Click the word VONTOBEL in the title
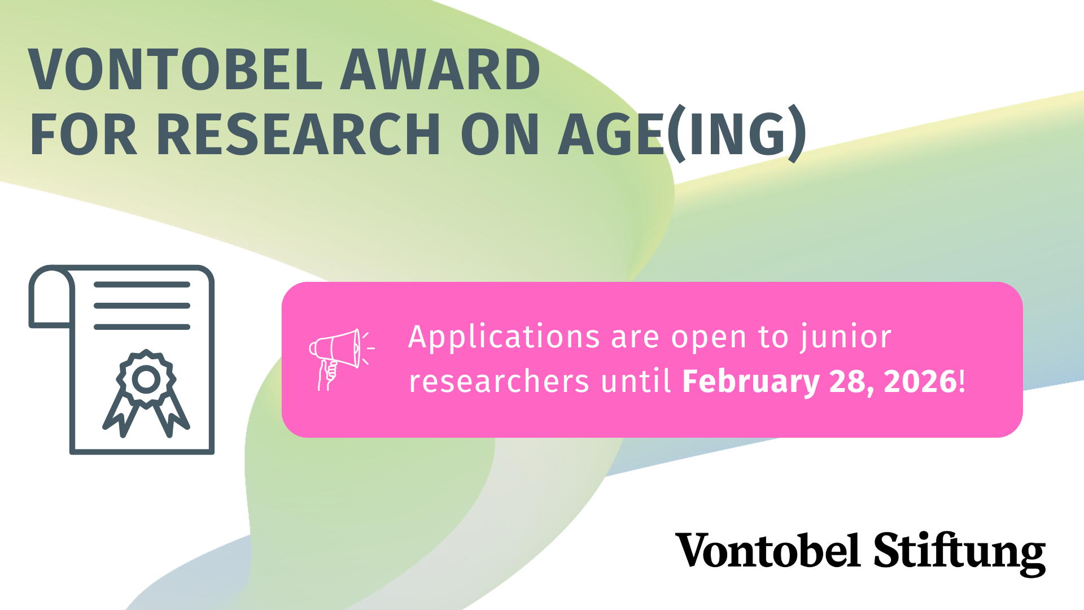tap(176, 69)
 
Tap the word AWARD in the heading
tap(440, 69)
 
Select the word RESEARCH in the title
tap(298, 134)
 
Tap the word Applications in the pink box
tap(504, 338)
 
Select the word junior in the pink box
tap(845, 338)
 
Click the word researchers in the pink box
tap(499, 381)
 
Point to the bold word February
tap(750, 382)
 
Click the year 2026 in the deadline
tap(920, 381)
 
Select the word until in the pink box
tap(636, 381)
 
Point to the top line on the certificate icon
tap(142, 285)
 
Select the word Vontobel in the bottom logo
tap(768, 550)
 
